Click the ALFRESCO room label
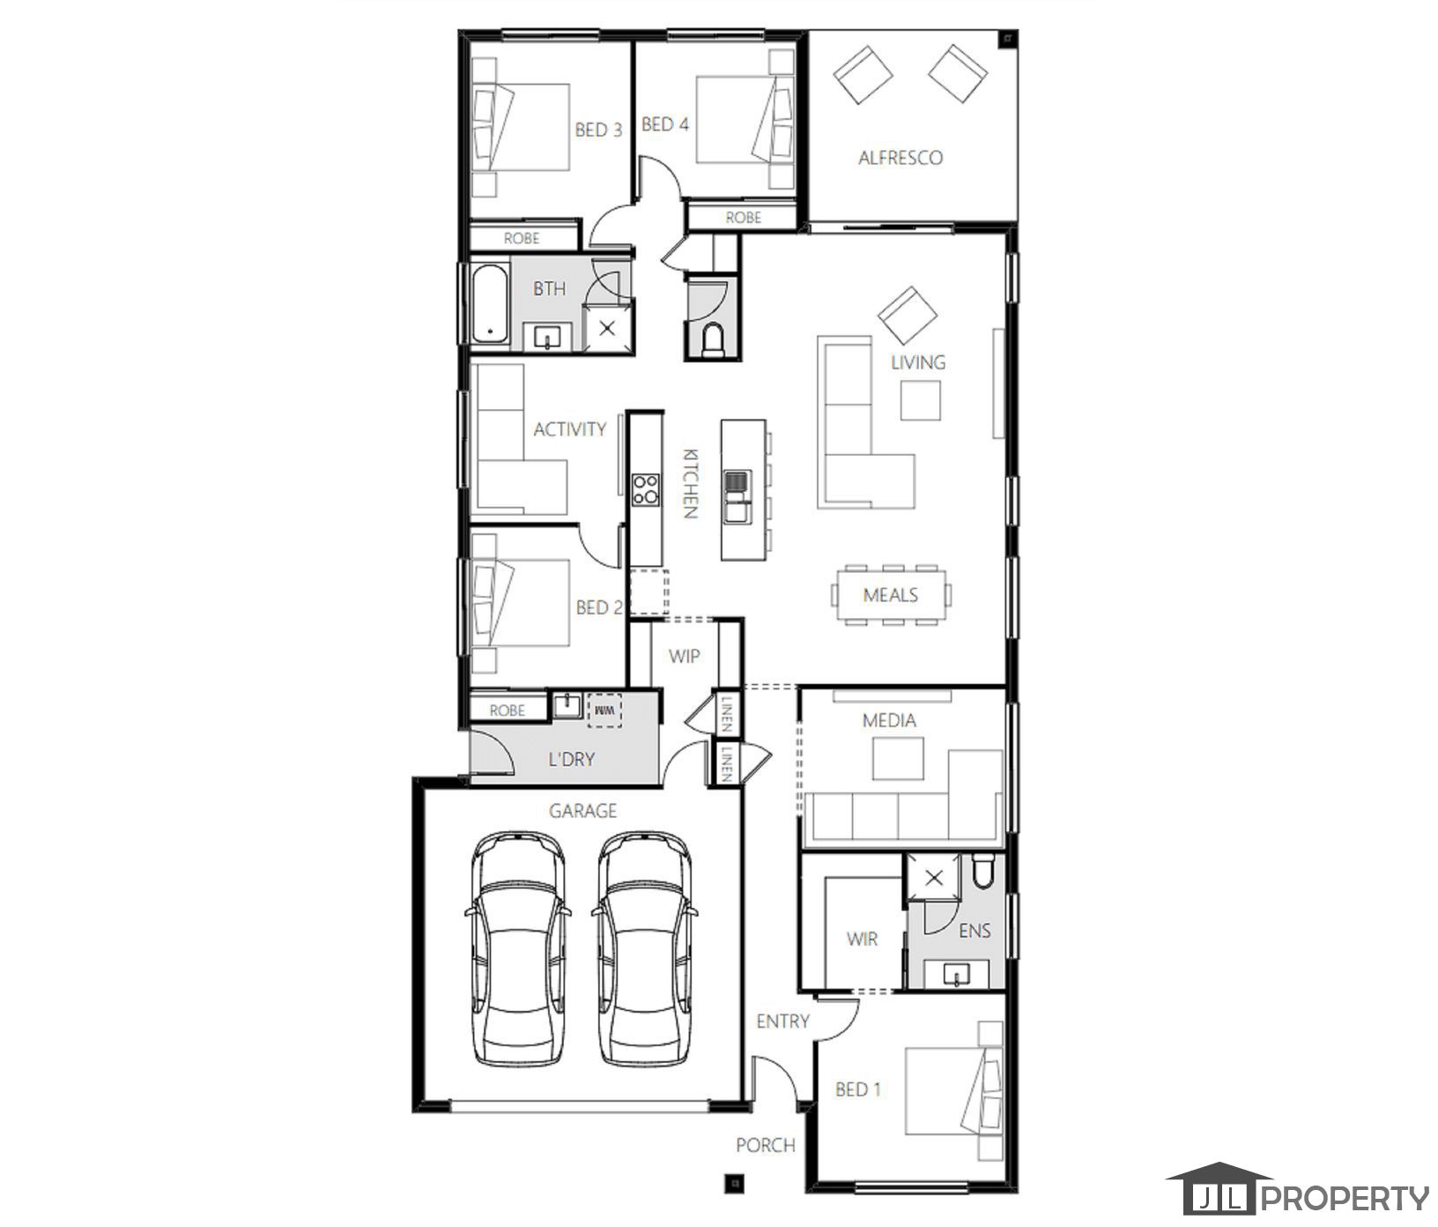click(x=901, y=158)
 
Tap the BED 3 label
click(x=598, y=130)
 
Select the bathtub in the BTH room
click(x=488, y=304)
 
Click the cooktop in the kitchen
click(x=645, y=488)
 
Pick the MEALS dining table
click(x=891, y=595)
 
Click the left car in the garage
click(x=518, y=947)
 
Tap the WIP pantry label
click(x=684, y=657)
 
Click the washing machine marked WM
click(x=604, y=709)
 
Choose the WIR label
click(x=862, y=940)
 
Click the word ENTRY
click(x=782, y=1021)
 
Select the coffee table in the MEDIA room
click(x=898, y=758)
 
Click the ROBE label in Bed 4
click(x=743, y=217)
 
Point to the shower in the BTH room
click(x=607, y=329)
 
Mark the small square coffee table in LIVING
click(x=920, y=400)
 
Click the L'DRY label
click(x=571, y=759)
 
